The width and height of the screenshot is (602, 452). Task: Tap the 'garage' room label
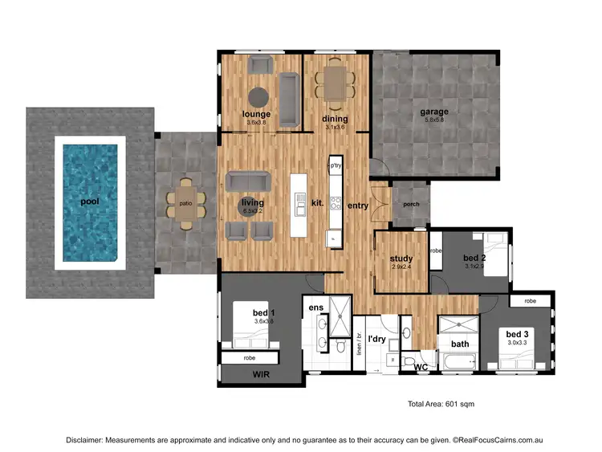(x=434, y=112)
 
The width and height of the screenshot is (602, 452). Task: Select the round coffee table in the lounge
(x=258, y=97)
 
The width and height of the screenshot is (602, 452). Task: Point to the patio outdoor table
(x=185, y=203)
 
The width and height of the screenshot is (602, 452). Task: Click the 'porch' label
(x=411, y=203)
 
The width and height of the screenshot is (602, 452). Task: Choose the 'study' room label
(x=401, y=259)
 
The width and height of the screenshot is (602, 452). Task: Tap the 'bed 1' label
(x=264, y=312)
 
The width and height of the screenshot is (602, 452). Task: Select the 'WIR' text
(x=261, y=374)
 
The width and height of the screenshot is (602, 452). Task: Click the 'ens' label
(x=315, y=307)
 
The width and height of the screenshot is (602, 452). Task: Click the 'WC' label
(x=421, y=367)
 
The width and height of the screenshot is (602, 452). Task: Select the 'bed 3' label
(x=516, y=333)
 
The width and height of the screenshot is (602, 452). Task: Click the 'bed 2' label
(x=474, y=258)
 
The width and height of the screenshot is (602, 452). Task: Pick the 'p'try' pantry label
(x=336, y=165)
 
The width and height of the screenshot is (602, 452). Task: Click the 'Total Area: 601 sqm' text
(x=441, y=404)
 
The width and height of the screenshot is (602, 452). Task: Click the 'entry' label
(x=357, y=206)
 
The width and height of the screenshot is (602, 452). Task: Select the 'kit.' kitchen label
(x=317, y=203)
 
